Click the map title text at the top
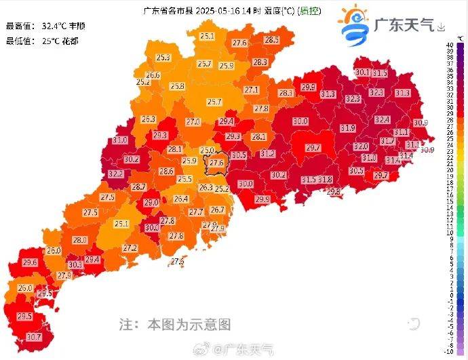(x=217, y=10)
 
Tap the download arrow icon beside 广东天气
(x=442, y=28)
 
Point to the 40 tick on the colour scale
(x=450, y=45)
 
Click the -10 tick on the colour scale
(x=449, y=351)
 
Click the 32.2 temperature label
(x=115, y=174)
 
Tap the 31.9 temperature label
(x=347, y=127)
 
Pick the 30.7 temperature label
(x=33, y=336)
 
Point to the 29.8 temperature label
(x=334, y=192)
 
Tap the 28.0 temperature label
(x=79, y=240)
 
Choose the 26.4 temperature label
(x=180, y=199)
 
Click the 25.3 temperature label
(x=163, y=58)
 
